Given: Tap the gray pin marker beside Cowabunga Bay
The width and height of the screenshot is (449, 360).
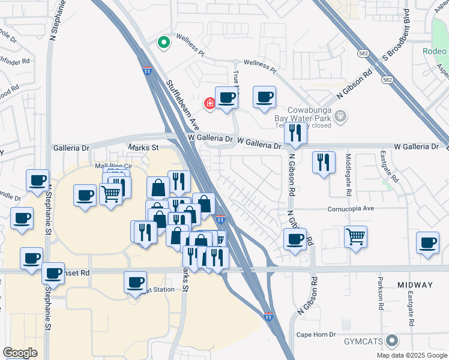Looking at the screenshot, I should pyautogui.click(x=340, y=115).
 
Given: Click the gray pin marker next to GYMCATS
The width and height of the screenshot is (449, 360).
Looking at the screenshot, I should pyautogui.click(x=393, y=341).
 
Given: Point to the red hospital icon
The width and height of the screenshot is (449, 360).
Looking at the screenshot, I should pyautogui.click(x=209, y=103).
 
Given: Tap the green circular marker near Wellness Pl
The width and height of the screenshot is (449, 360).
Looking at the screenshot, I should pyautogui.click(x=162, y=43).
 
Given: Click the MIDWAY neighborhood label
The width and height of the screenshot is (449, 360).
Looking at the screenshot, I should pyautogui.click(x=414, y=284).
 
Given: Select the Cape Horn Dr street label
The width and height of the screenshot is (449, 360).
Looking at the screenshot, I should pyautogui.click(x=316, y=334).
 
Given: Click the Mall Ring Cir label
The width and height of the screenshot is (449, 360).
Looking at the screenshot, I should pyautogui.click(x=113, y=166).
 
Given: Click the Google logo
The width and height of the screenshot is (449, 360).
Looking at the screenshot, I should pyautogui.click(x=20, y=353).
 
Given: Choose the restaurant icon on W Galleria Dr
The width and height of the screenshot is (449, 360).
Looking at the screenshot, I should pyautogui.click(x=295, y=133).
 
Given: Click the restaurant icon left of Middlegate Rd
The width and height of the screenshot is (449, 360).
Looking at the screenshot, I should pyautogui.click(x=323, y=161).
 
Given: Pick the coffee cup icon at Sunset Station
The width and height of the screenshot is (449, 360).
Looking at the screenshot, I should pyautogui.click(x=136, y=281).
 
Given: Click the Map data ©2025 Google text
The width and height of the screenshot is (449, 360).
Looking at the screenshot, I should pyautogui.click(x=411, y=355).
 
